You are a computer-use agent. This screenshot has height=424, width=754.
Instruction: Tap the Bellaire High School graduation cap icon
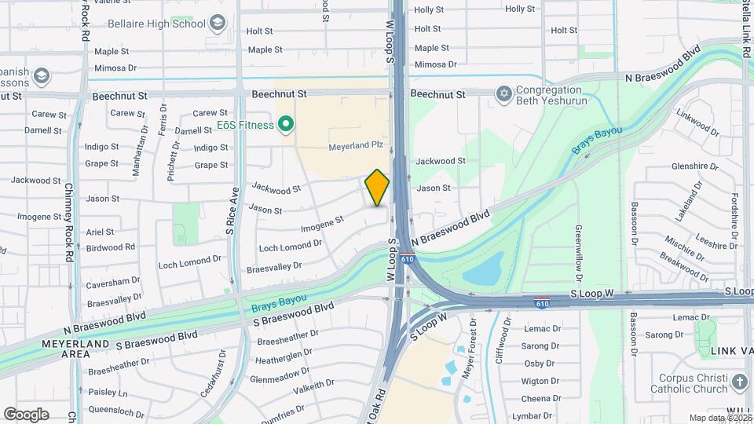(217, 24)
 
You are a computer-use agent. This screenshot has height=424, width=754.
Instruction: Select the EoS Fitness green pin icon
(287, 125)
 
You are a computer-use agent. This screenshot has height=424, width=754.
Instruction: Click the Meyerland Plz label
(355, 146)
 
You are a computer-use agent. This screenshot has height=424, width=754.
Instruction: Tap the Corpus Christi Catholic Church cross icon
(739, 382)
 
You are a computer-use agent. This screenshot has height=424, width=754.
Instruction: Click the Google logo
(26, 414)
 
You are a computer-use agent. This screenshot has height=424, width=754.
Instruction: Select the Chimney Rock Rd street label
(68, 222)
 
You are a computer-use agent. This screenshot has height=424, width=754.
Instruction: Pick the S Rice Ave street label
(232, 211)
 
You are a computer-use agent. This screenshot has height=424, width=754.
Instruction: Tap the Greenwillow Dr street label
(578, 254)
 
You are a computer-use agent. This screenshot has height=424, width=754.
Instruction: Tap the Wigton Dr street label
(540, 381)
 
